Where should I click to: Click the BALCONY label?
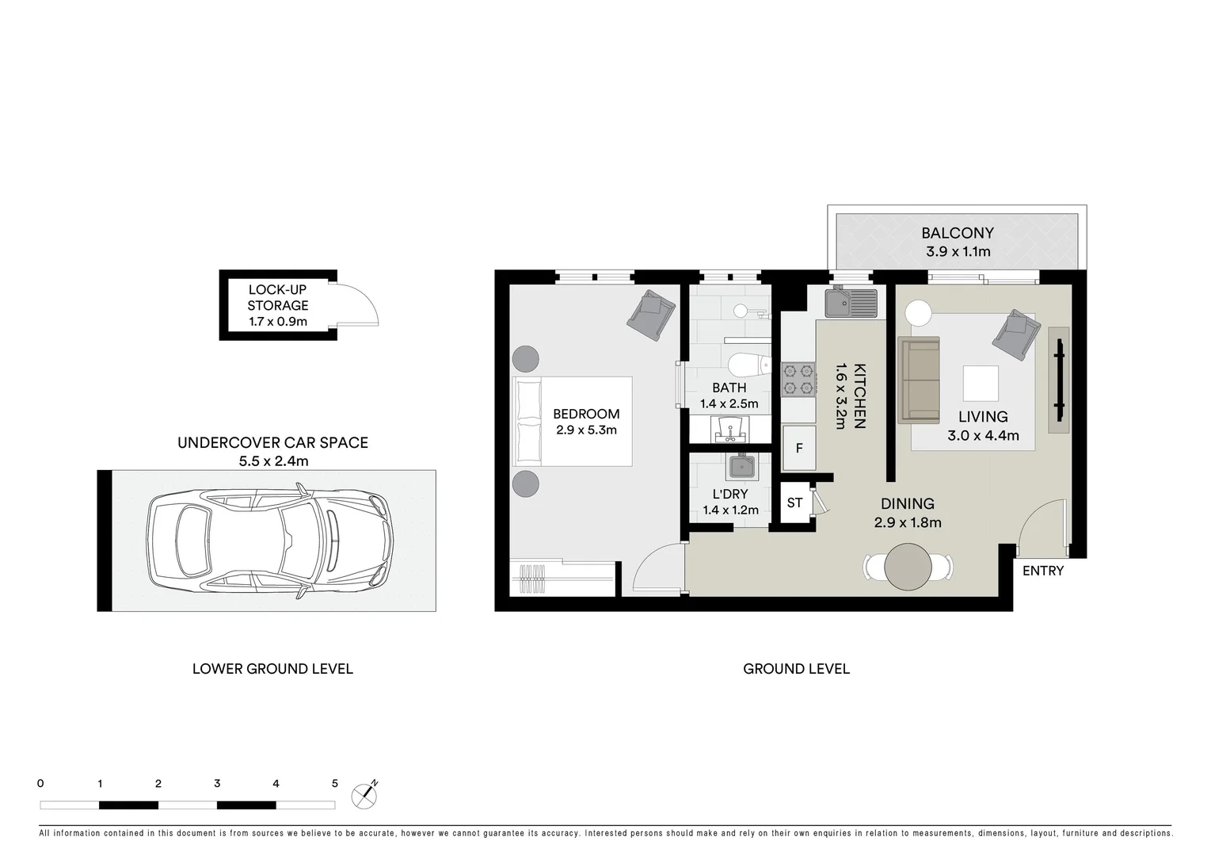[x=957, y=233]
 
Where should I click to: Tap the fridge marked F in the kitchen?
[x=799, y=449]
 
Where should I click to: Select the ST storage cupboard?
[x=794, y=503]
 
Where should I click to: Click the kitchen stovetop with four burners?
[x=798, y=379]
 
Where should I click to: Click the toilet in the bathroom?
[x=745, y=365]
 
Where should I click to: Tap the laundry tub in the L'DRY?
[x=741, y=467]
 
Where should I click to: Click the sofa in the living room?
[x=919, y=380]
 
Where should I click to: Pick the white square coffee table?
[x=980, y=384]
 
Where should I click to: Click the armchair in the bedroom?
[x=650, y=315]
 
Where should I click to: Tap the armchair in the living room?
[x=1015, y=334]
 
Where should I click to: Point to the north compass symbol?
[x=364, y=794]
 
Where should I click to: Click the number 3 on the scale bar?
[x=217, y=783]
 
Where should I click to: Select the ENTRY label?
[x=1042, y=571]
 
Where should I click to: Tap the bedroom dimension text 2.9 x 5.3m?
[x=586, y=430]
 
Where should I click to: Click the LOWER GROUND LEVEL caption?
[x=272, y=669]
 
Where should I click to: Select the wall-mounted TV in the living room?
[x=1058, y=380]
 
